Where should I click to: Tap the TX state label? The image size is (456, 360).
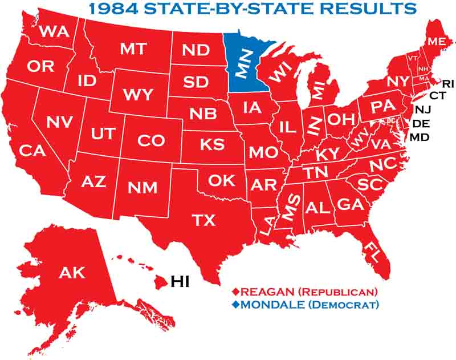click(x=204, y=220)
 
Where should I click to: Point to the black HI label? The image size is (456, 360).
click(x=180, y=281)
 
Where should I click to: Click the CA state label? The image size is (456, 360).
click(x=32, y=151)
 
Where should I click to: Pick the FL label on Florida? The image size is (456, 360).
click(x=374, y=249)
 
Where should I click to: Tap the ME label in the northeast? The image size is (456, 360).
click(x=437, y=42)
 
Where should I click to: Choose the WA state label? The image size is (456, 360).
click(x=55, y=31)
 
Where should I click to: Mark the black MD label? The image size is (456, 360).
click(x=420, y=137)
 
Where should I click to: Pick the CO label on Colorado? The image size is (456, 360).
click(x=151, y=140)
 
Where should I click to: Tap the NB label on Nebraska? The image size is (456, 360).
click(x=203, y=114)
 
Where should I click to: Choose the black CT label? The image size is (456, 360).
click(x=437, y=95)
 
